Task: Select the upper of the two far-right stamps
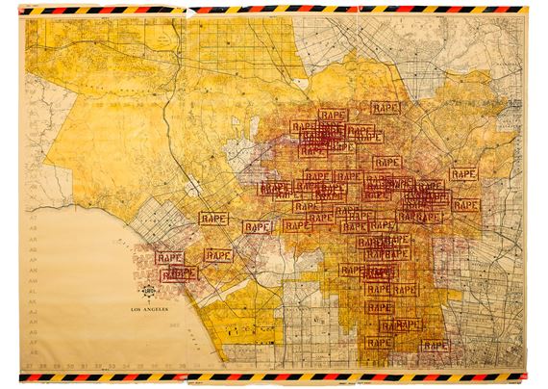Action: tap(462, 174)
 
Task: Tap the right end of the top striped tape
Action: tap(527, 9)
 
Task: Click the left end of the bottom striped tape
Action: tap(29, 376)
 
